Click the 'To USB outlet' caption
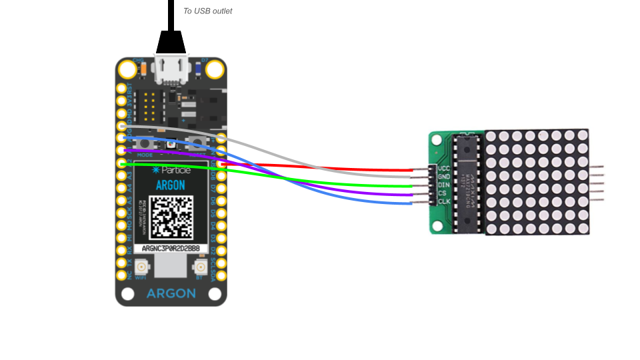207,11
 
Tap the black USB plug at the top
171,41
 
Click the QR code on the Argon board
171,217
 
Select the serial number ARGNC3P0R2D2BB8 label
171,249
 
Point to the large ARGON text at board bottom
171,293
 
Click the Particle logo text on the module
171,170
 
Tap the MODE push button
145,143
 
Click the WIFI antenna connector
141,267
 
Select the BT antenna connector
200,267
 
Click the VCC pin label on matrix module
444,169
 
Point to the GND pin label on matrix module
444,177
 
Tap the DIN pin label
444,185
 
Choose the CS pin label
442,193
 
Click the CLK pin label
444,201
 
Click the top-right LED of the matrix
583,135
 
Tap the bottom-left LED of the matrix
491,229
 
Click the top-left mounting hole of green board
437,140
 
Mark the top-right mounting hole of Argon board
215,69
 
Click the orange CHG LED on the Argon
143,69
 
